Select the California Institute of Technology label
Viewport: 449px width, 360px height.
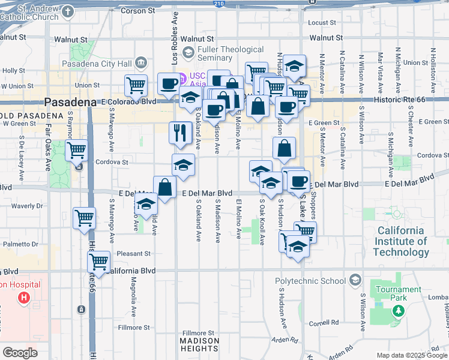tap(402, 241)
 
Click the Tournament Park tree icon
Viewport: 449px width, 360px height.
tap(397, 311)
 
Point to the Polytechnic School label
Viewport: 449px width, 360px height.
tap(310, 281)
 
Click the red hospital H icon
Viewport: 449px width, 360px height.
tap(24, 297)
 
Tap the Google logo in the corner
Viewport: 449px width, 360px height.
tap(20, 353)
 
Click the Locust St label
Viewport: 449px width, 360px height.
tap(322, 23)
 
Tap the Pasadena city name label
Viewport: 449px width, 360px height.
tap(70, 103)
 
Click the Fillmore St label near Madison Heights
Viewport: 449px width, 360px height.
tap(198, 333)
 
